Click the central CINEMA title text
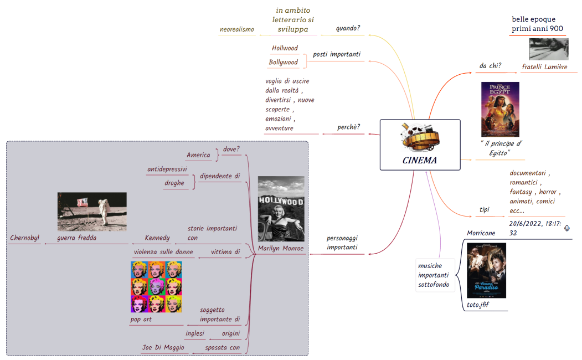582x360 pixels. [x=420, y=161]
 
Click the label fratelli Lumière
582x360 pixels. [x=544, y=67]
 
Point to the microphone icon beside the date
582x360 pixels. [x=567, y=228]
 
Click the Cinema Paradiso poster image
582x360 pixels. [x=486, y=270]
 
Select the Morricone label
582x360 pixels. [x=481, y=233]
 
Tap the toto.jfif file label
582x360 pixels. [x=478, y=305]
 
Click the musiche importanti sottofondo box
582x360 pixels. [x=435, y=275]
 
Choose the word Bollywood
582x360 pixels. [x=284, y=63]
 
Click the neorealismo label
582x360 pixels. [x=237, y=29]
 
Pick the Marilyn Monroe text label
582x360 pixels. [x=281, y=249]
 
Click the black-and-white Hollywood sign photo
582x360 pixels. [x=281, y=208]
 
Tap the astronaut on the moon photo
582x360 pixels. [x=92, y=211]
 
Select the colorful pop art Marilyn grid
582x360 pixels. [x=156, y=287]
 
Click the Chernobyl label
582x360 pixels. [x=25, y=238]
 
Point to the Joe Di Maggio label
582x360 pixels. [x=163, y=348]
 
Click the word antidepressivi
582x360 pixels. [x=167, y=169]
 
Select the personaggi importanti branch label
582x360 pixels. [x=342, y=243]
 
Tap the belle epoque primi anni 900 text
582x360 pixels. [x=537, y=24]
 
